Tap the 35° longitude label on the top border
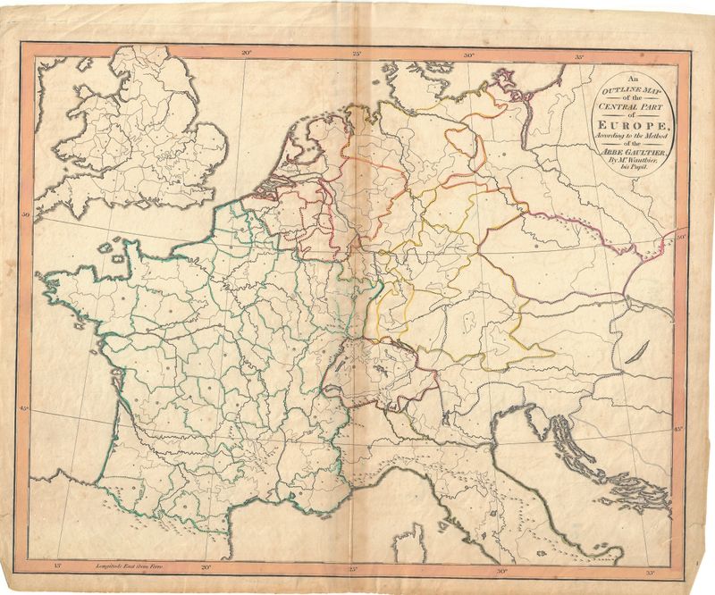pos(580,58)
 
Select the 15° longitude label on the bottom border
pos(58,566)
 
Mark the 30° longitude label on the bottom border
pos(500,568)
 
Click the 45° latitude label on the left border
pos(25,408)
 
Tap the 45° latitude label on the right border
pos(678,430)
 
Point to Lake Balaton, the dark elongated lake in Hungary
pos(632,356)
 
